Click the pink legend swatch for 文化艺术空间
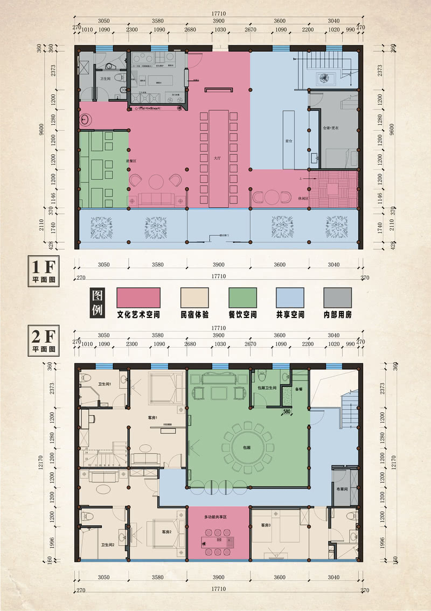click(138, 297)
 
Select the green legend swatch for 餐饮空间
click(242, 297)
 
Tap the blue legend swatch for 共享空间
click(290, 297)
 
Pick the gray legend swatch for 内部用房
click(338, 297)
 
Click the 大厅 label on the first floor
click(218, 159)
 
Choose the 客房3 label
click(266, 525)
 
